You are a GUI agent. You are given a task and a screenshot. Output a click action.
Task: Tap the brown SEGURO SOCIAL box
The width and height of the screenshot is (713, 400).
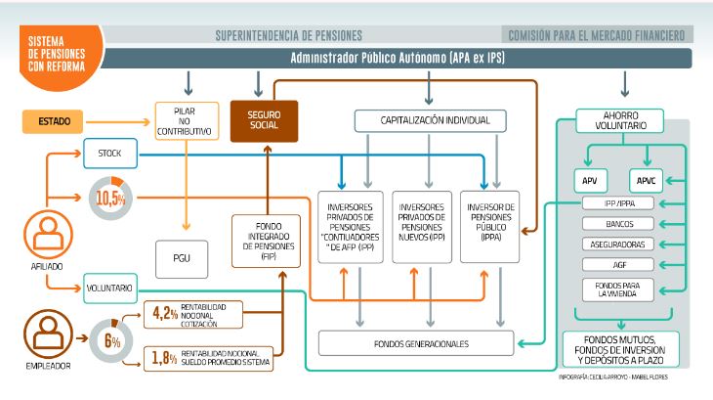pos(264,120)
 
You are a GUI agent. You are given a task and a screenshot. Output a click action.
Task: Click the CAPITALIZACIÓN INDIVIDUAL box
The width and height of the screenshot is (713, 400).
pos(429,121)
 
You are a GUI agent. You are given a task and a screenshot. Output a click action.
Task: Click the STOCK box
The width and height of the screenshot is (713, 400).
pos(109,153)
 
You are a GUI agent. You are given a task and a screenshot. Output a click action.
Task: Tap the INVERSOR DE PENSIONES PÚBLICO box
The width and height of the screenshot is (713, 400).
pos(491,227)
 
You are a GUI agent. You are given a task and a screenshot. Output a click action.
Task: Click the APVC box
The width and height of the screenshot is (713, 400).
pos(647,181)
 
